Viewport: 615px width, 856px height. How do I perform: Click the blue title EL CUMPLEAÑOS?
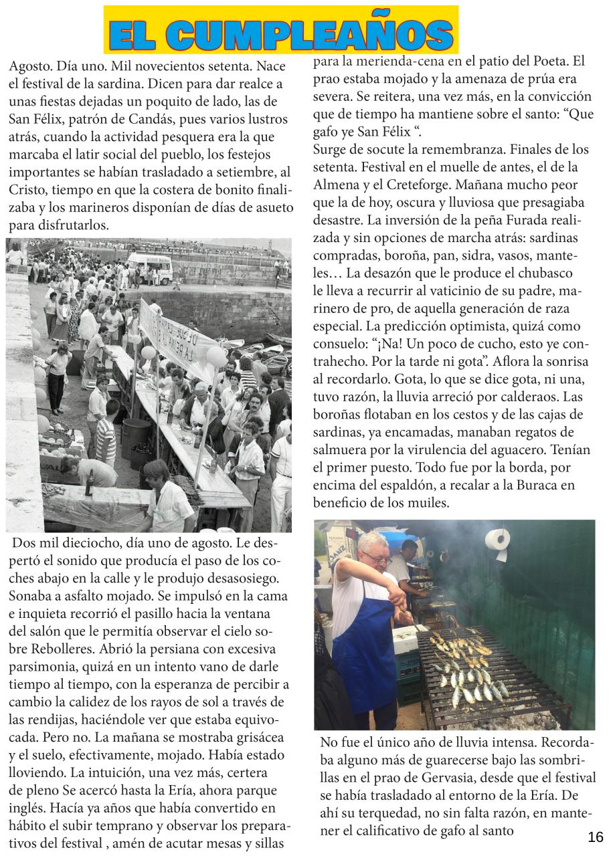pyautogui.click(x=281, y=33)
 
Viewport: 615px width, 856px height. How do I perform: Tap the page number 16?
pyautogui.click(x=595, y=837)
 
